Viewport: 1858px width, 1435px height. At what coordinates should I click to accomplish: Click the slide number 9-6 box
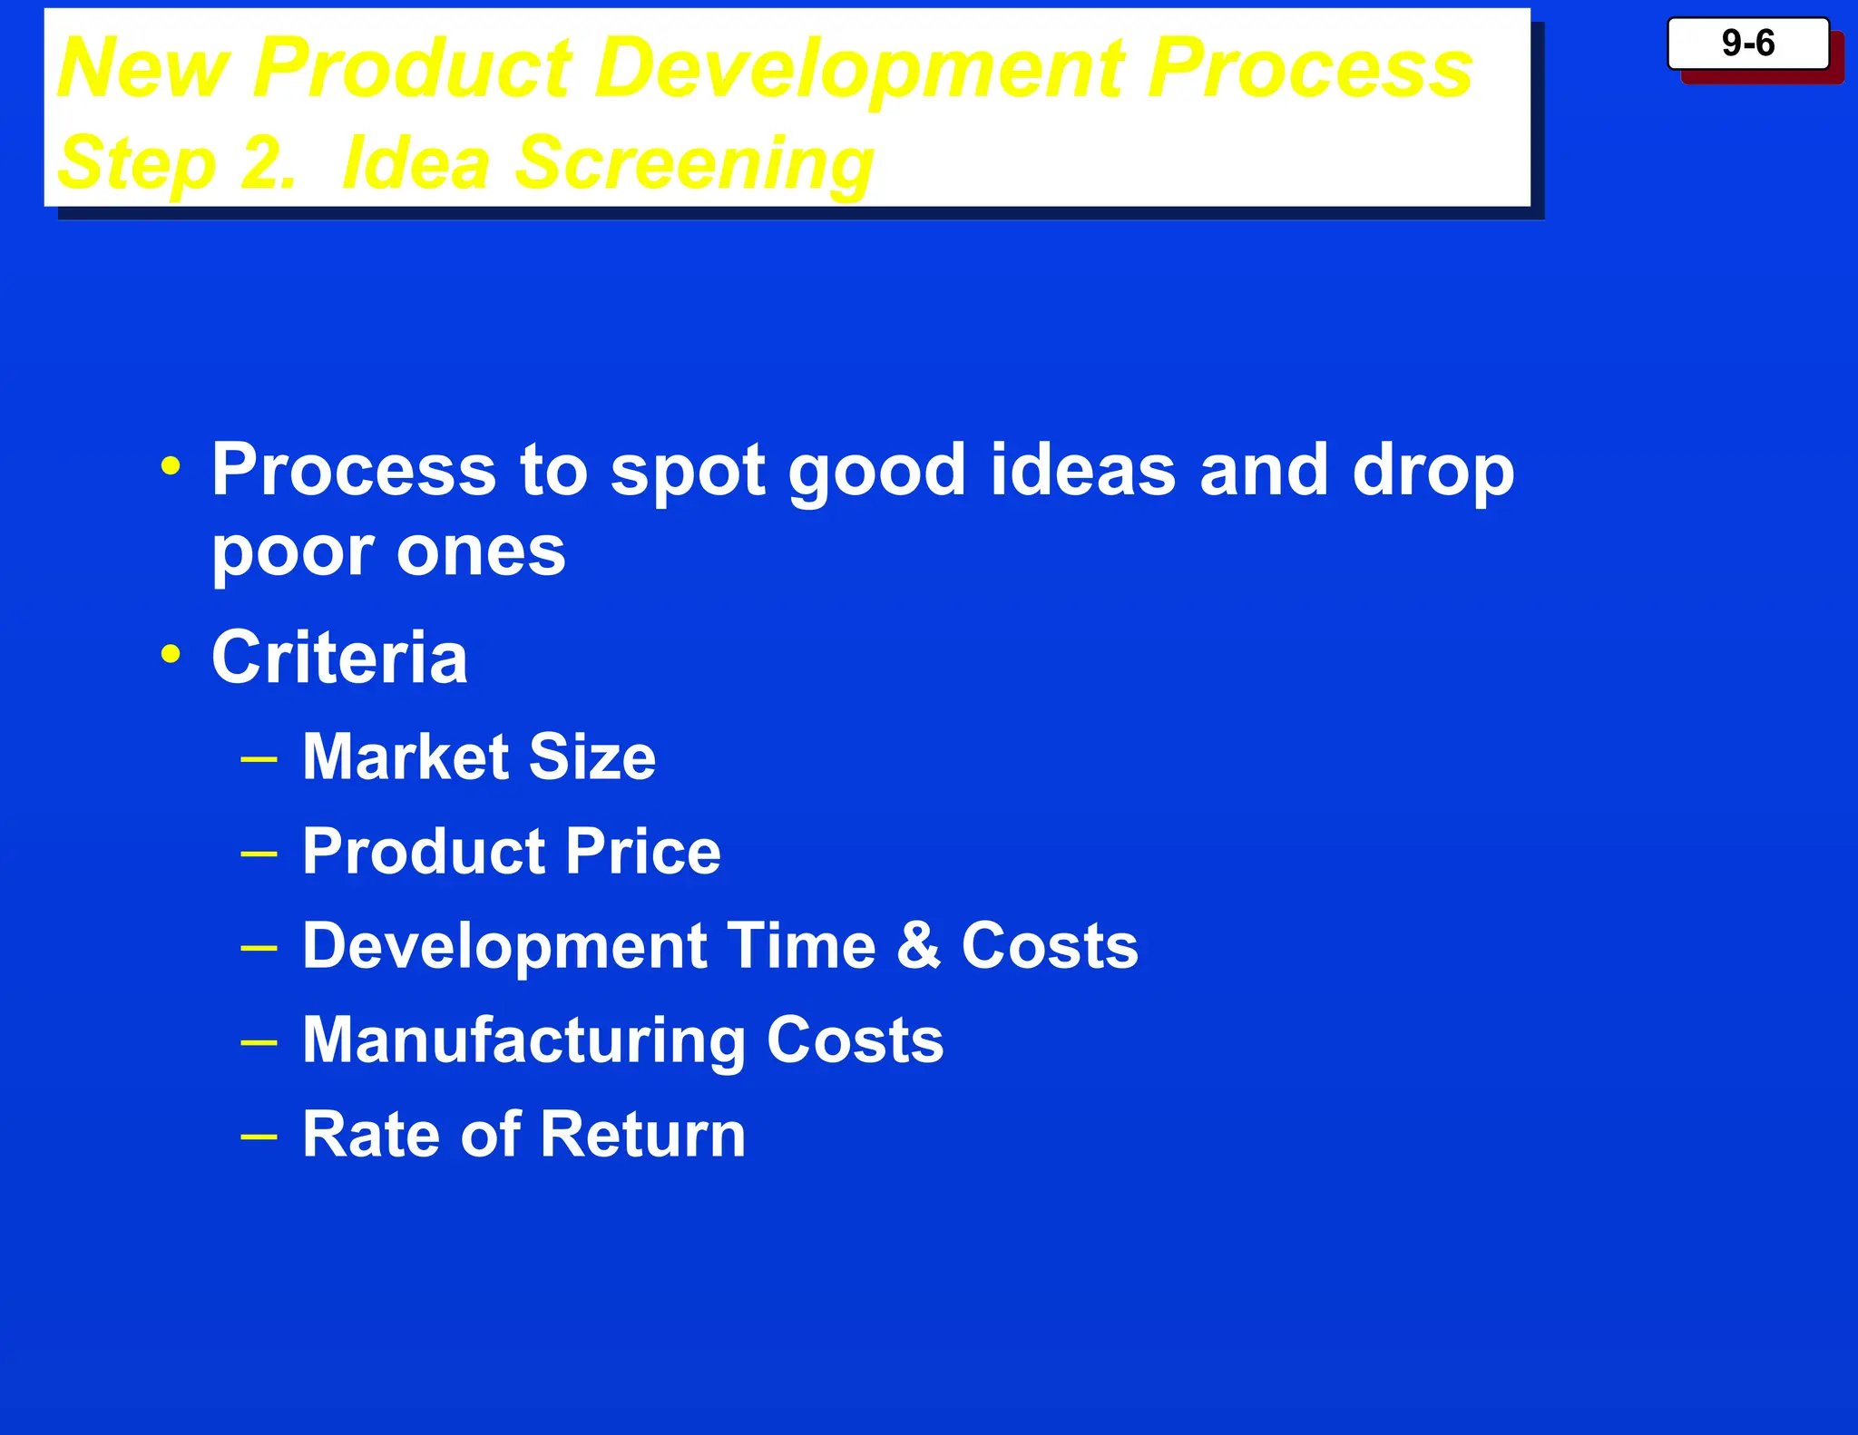click(1747, 44)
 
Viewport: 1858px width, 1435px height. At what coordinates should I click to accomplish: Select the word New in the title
click(143, 69)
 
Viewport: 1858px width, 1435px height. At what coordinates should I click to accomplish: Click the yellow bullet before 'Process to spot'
click(171, 466)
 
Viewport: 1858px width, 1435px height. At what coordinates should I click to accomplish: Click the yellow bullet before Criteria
click(171, 653)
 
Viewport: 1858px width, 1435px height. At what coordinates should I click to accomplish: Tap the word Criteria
click(339, 657)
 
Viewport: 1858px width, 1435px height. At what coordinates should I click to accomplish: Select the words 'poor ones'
click(388, 551)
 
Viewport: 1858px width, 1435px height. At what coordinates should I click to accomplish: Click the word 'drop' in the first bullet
click(1433, 472)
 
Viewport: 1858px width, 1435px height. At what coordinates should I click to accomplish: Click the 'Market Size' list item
click(478, 757)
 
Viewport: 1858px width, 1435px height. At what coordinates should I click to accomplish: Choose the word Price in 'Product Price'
click(643, 851)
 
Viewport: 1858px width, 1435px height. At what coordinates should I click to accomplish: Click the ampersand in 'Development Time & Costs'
click(918, 945)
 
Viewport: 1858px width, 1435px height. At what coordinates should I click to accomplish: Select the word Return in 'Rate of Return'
click(643, 1134)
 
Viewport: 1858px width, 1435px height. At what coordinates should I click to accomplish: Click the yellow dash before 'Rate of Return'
click(259, 1136)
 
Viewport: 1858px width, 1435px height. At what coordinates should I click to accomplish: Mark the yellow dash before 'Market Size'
click(259, 758)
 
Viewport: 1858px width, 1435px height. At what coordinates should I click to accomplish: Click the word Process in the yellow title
click(1308, 69)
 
